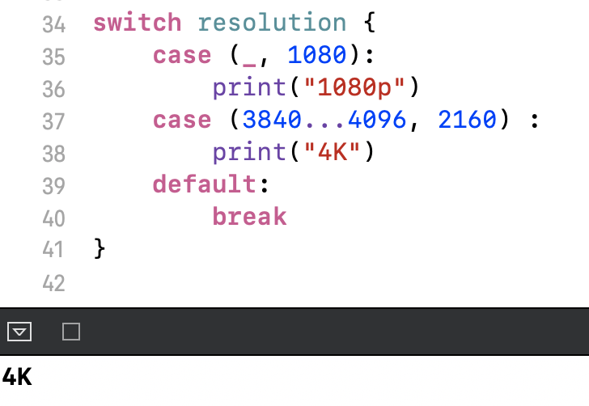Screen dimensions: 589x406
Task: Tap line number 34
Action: point(53,24)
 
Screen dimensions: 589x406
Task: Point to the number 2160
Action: point(467,120)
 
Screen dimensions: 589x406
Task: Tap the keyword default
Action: point(205,184)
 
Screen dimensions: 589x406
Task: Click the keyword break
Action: point(249,217)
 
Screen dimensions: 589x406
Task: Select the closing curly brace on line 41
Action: point(100,249)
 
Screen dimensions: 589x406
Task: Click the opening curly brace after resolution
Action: point(371,23)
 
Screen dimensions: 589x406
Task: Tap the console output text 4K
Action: point(17,377)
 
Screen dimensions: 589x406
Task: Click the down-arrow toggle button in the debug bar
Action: point(19,332)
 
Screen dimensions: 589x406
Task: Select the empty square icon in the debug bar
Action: point(71,332)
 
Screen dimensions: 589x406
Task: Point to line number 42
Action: point(53,283)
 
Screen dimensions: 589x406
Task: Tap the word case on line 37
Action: point(183,120)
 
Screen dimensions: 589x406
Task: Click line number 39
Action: point(53,186)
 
